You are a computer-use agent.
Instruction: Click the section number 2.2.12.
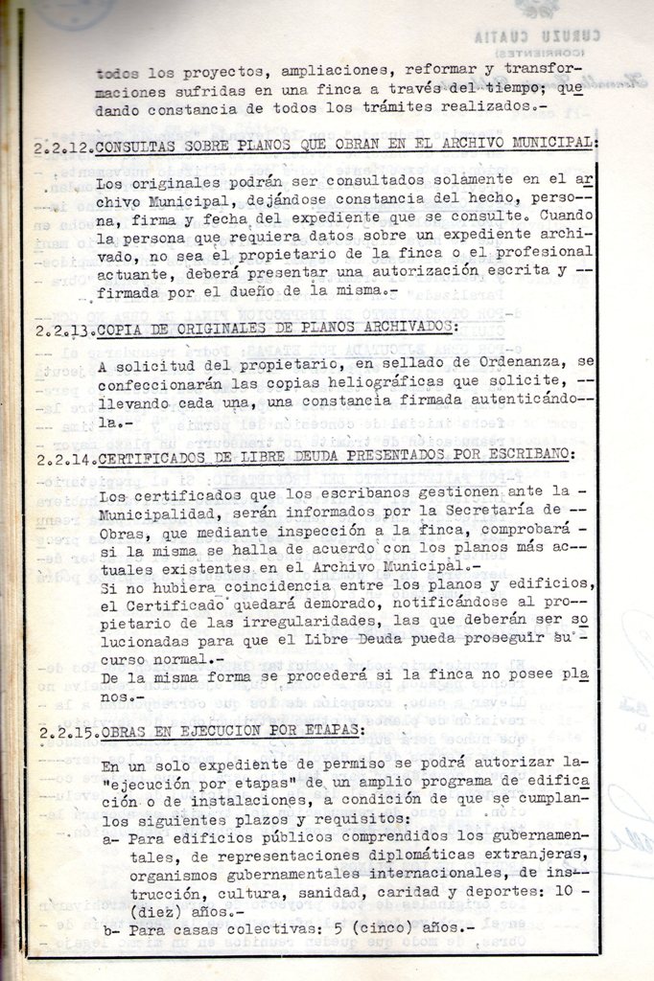coord(65,147)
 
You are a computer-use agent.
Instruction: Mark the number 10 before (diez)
coord(566,891)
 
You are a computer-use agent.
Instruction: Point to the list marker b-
coord(110,929)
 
